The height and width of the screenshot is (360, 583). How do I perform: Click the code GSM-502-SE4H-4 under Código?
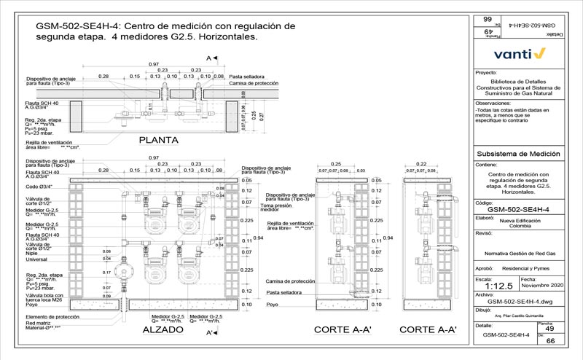(518, 209)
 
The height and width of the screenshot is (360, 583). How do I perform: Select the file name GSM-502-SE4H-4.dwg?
(519, 300)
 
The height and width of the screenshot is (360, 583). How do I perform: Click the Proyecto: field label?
(485, 74)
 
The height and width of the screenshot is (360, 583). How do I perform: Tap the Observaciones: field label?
(493, 103)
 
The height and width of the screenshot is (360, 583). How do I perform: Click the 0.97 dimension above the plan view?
(154, 64)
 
